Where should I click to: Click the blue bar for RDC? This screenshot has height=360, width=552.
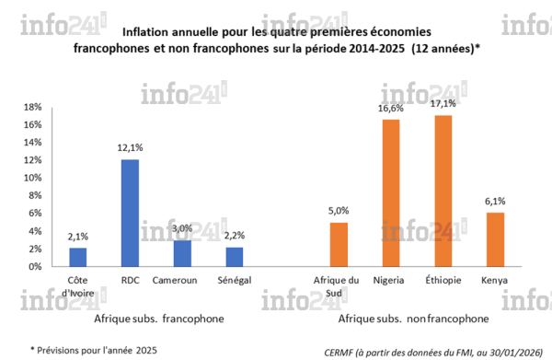coord(130,213)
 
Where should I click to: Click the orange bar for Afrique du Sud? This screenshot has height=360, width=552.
coord(339,244)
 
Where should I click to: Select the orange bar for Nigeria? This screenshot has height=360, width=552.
coord(391,192)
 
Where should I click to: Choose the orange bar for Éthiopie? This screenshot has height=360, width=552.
coord(443,191)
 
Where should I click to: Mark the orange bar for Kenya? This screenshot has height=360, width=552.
coord(496,239)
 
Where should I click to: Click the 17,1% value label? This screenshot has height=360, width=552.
coord(443,105)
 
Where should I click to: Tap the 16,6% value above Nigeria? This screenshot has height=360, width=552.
coord(391,110)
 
